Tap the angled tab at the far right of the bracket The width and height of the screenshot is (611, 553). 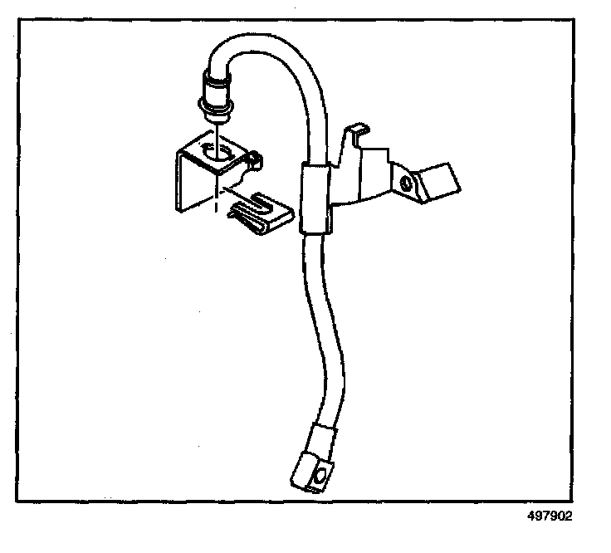[437, 180]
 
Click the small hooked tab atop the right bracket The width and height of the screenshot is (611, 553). [358, 133]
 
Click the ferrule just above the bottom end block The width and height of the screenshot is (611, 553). [320, 435]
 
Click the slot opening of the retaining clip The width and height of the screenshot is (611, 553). [264, 203]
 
